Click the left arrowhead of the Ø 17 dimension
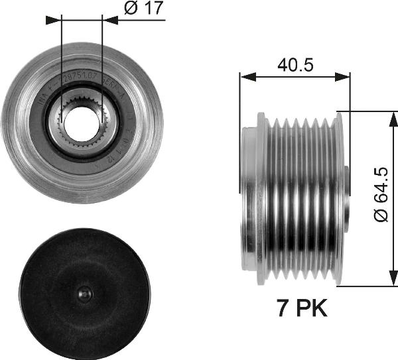click(x=54, y=20)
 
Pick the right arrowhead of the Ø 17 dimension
click(x=110, y=20)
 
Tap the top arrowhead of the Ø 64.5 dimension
click(x=387, y=117)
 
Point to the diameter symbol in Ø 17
click(x=129, y=9)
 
